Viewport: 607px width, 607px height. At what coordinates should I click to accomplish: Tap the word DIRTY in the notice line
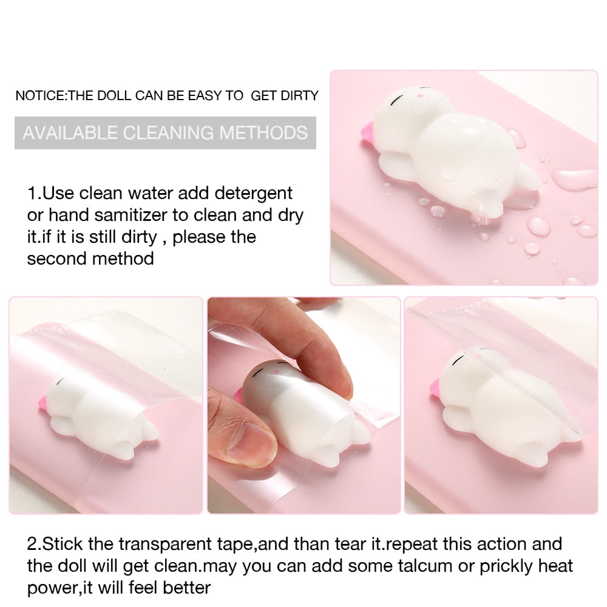[x=299, y=96]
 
